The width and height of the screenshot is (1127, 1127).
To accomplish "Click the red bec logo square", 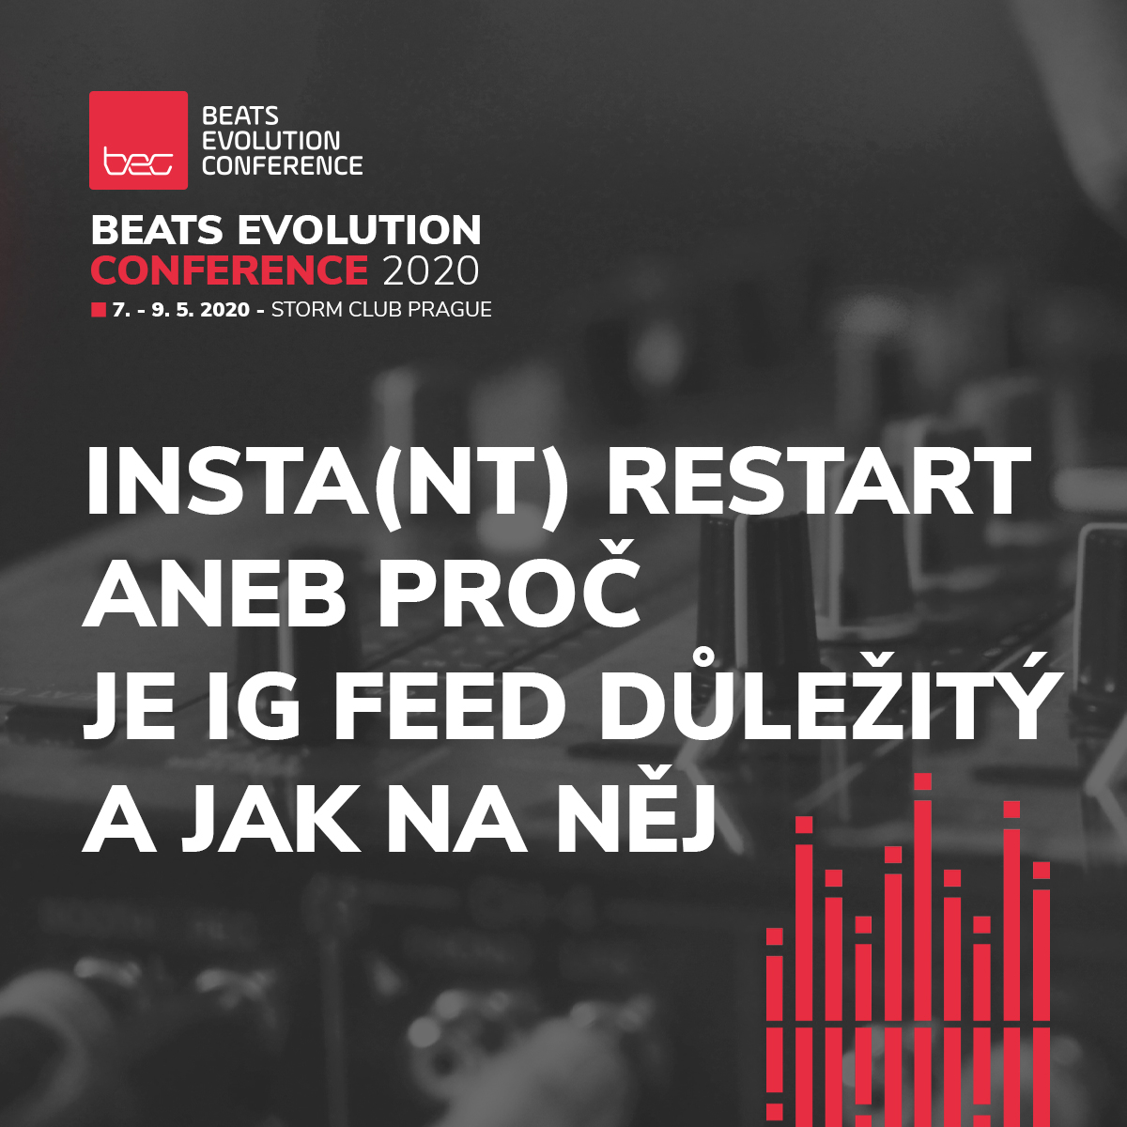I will [x=138, y=140].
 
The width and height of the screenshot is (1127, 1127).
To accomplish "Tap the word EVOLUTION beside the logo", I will [x=271, y=141].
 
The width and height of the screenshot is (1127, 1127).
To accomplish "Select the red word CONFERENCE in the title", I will [x=229, y=270].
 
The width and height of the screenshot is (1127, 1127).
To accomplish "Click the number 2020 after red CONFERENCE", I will [x=431, y=270].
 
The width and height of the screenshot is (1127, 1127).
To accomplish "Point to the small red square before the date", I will [x=98, y=310].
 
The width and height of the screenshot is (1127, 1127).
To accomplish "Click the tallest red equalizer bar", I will [x=922, y=939].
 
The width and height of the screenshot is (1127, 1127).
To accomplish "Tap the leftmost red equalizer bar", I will [x=775, y=1014].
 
